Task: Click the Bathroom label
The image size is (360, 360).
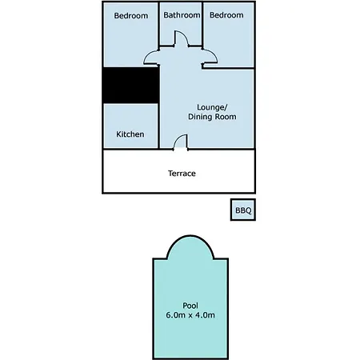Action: coord(182,15)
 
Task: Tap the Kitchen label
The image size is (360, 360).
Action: coord(130,134)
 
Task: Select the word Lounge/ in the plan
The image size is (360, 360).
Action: coord(212,107)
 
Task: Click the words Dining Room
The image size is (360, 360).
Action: coord(212,117)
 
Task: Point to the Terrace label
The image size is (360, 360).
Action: coord(182,174)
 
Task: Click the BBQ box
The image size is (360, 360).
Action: coord(243,210)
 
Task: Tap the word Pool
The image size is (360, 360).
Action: coord(190,306)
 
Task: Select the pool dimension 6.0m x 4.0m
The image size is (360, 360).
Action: coord(190,315)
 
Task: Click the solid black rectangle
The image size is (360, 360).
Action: coord(131,85)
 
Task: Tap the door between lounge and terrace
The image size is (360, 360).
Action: coord(181,141)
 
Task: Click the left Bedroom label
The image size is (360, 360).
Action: coord(131,16)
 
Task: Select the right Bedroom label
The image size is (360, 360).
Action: coord(226,15)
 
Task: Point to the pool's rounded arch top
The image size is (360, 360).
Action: coord(190,236)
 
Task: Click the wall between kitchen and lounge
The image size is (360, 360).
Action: coord(159,126)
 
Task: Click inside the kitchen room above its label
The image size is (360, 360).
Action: coord(130,117)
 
